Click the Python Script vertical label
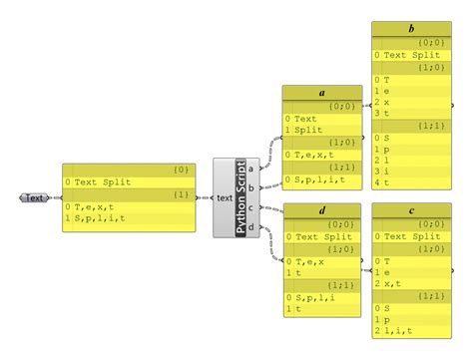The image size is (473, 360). [x=240, y=197]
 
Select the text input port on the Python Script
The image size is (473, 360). [x=225, y=197]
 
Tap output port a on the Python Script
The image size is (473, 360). [x=250, y=168]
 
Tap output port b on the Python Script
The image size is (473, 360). [x=250, y=187]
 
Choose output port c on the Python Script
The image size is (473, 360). [x=250, y=207]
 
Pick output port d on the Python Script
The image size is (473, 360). [x=250, y=227]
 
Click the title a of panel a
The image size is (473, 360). [x=321, y=93]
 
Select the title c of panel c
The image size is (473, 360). [x=412, y=210]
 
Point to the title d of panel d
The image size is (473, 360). [x=321, y=210]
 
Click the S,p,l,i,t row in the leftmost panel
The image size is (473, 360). [x=100, y=218]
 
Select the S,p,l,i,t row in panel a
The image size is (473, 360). [x=319, y=180]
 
